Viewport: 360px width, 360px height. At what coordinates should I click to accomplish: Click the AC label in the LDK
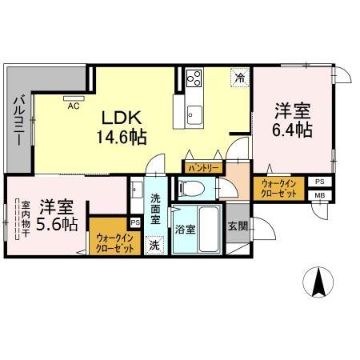coord(74,106)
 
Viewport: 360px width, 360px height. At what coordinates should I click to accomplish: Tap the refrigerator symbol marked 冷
coord(240,78)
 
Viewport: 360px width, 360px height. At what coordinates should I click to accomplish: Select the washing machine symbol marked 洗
coord(154,246)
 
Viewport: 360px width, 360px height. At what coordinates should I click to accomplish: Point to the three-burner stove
coord(194,78)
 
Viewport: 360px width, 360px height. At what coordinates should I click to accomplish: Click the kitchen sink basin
coord(194,115)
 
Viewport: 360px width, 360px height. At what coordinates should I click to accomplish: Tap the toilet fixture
coord(192,189)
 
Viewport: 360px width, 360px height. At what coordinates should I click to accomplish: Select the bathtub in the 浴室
coord(209,229)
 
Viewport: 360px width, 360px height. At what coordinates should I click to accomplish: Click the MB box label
coord(320,195)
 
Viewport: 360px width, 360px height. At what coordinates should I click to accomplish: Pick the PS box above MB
coord(320,182)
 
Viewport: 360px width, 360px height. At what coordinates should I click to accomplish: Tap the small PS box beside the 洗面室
coord(135,222)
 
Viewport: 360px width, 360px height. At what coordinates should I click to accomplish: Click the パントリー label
coord(203,168)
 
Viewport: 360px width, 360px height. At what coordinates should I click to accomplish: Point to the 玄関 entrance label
coord(238,226)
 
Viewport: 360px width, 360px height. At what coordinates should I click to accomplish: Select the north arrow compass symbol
coord(318,282)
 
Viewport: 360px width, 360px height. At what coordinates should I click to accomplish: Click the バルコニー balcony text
coord(19,121)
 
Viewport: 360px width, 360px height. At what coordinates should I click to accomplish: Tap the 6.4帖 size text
coord(293,130)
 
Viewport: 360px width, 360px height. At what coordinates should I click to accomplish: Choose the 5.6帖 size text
coord(57,224)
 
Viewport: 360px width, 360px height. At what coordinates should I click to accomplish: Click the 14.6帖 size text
coord(122,137)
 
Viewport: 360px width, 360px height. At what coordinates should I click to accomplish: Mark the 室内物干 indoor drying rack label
coord(26,219)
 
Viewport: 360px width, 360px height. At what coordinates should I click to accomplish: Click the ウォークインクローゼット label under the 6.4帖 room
coord(278,189)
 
